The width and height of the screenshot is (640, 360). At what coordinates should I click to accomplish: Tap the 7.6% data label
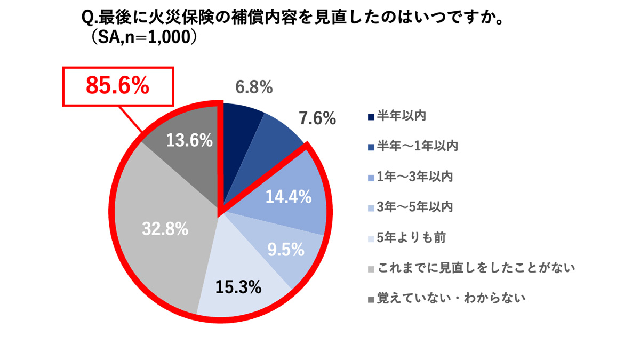point(317,118)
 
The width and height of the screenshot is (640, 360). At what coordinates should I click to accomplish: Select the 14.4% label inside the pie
point(289,197)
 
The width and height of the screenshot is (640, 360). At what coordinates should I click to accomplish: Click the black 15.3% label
point(238,287)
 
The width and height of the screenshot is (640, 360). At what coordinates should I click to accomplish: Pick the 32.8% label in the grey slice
point(165,229)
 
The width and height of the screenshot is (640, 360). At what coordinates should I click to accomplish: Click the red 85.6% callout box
point(118,86)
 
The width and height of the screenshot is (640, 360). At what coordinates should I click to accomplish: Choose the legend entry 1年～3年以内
point(414,176)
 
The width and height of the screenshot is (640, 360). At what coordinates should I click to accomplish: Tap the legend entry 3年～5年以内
point(414,206)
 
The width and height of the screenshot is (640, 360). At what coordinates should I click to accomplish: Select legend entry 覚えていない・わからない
point(451,298)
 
